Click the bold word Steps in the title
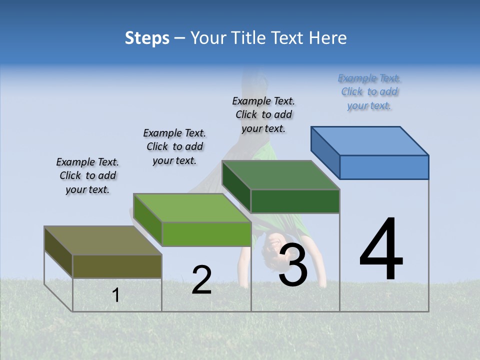coord(147,38)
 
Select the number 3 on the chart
coord(293,264)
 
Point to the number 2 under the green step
coord(202,279)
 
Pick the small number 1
coord(116,295)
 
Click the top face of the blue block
coord(370,141)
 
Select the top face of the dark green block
coord(280,175)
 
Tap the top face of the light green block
coord(192,208)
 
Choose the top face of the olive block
coord(103,240)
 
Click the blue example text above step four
coord(369,91)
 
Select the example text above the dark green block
coord(263,114)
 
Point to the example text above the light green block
coord(174,146)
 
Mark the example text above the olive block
coord(87,175)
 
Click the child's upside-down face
coord(273,243)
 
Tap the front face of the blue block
coord(384,167)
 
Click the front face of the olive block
coord(117,266)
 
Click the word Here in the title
coord(328,38)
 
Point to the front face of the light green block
coord(206,234)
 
